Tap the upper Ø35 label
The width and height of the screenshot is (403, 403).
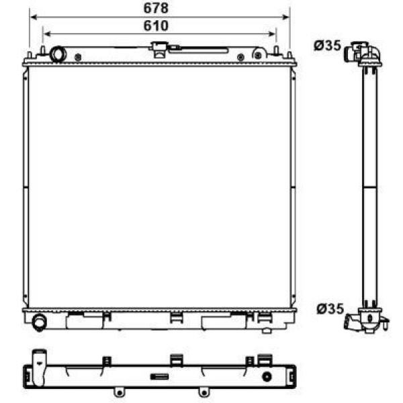coord(328,46)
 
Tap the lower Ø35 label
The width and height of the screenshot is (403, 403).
coord(330,309)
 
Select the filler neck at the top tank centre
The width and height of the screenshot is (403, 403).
coord(160,48)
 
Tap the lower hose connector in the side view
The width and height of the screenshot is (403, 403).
coord(366,320)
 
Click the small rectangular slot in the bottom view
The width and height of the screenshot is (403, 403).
coord(159,376)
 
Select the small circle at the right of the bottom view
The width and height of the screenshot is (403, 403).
coord(267,376)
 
